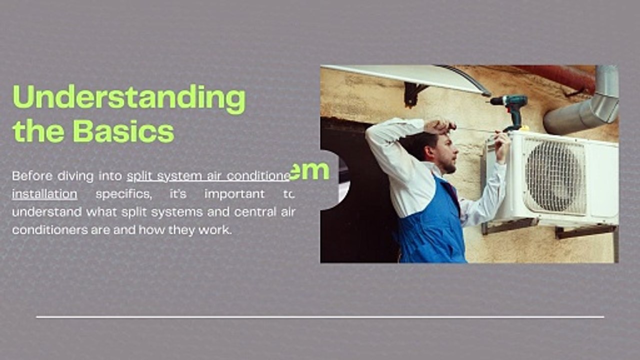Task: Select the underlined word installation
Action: click(x=44, y=194)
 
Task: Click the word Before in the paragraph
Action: click(x=31, y=176)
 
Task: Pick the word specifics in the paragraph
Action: click(x=123, y=194)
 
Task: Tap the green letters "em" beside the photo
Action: click(x=309, y=171)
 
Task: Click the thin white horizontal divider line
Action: click(x=320, y=317)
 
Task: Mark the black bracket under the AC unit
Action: click(x=585, y=230)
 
